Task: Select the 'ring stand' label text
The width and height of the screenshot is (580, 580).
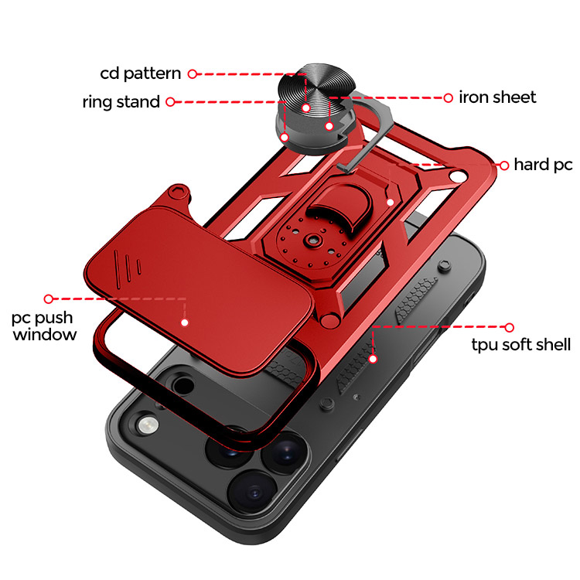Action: point(121,101)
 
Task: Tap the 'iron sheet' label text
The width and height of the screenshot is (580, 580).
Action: point(497,97)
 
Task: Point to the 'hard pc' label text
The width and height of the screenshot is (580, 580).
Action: point(543,165)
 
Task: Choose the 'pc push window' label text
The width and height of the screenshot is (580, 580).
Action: point(44,326)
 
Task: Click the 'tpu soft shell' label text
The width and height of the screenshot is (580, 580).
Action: point(521,345)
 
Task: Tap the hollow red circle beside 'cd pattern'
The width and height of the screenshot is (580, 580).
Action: point(193,74)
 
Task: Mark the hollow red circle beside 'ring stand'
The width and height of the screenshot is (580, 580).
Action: point(170,101)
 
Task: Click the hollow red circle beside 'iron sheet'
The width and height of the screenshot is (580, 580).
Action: point(448,97)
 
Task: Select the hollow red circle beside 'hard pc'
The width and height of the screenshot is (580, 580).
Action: point(503,165)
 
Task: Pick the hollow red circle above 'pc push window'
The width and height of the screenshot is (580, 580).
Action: point(48,298)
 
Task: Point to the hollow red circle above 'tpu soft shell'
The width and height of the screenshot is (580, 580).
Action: point(509,327)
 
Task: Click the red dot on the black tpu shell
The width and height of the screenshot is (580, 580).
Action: point(373,358)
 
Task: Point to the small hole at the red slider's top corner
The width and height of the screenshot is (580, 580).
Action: point(180,187)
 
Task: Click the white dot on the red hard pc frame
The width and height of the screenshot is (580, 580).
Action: point(391,203)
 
